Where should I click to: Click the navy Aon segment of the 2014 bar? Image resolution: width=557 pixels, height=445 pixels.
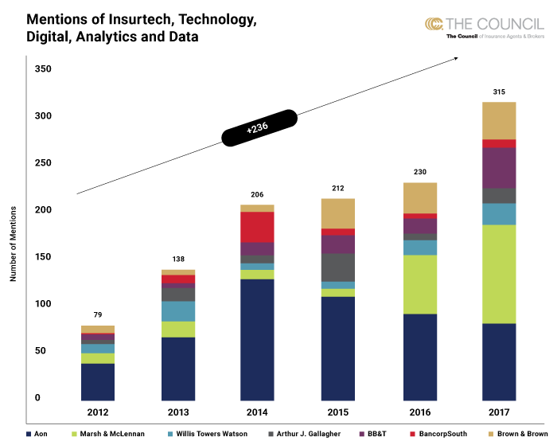click(258, 338)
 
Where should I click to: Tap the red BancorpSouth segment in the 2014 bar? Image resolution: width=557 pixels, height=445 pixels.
click(258, 227)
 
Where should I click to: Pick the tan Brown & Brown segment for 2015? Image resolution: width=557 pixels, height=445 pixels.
click(338, 213)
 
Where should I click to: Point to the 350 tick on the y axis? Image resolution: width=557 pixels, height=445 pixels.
click(43, 69)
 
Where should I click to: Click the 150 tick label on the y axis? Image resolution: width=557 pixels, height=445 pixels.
click(43, 257)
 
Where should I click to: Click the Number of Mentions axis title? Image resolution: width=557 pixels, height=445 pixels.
click(14, 242)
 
